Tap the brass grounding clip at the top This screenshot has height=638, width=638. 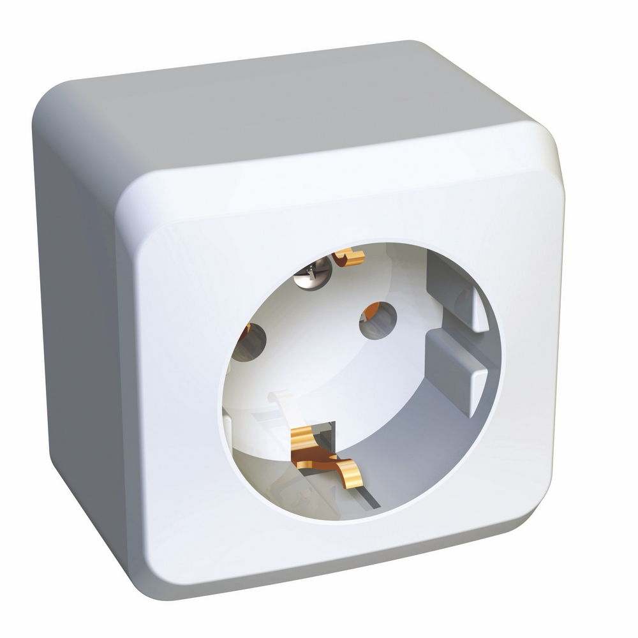349,257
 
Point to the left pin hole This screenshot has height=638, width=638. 249,342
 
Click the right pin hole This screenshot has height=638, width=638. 378,320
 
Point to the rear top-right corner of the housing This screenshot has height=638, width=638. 415,48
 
